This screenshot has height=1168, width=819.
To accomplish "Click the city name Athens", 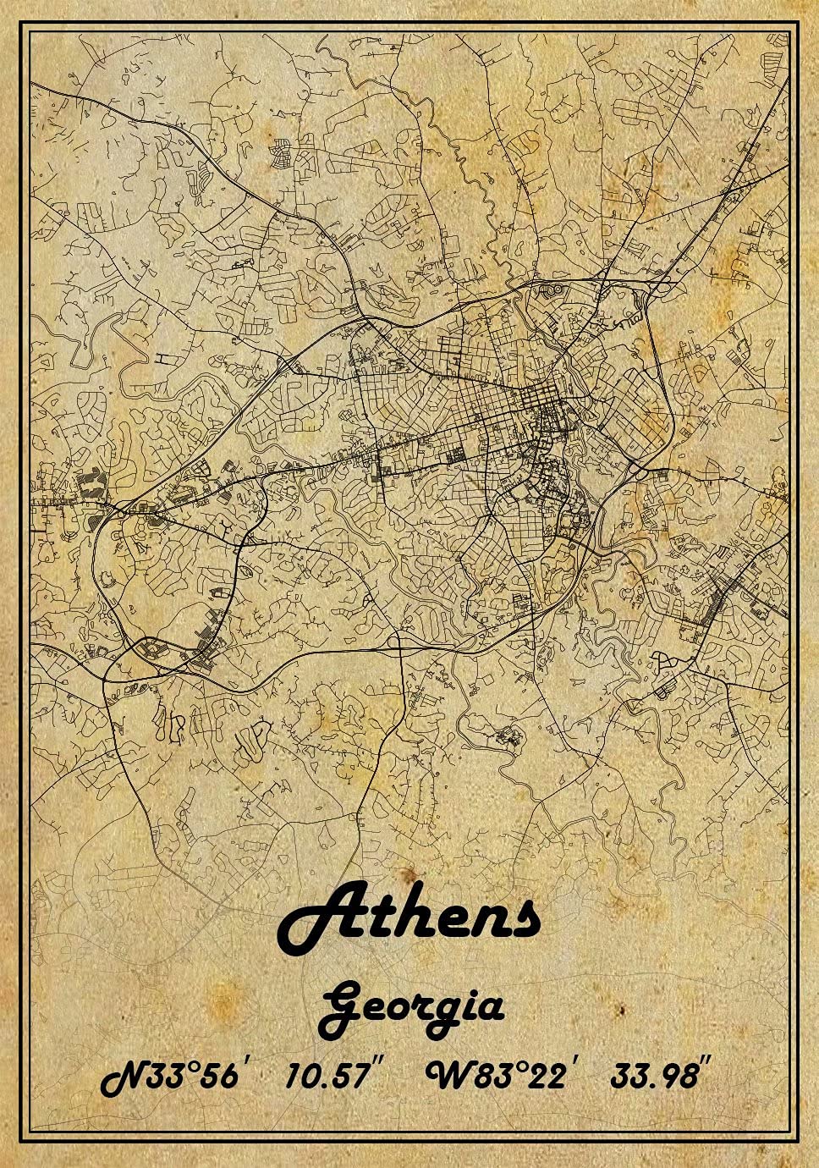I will tap(409, 918).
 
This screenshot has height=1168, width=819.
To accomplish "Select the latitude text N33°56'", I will tap(173, 1076).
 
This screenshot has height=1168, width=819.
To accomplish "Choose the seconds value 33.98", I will tap(654, 1076).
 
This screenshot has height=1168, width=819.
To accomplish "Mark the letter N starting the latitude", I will tap(124, 1077).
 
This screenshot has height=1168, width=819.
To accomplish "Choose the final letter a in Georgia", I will tap(490, 1008).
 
